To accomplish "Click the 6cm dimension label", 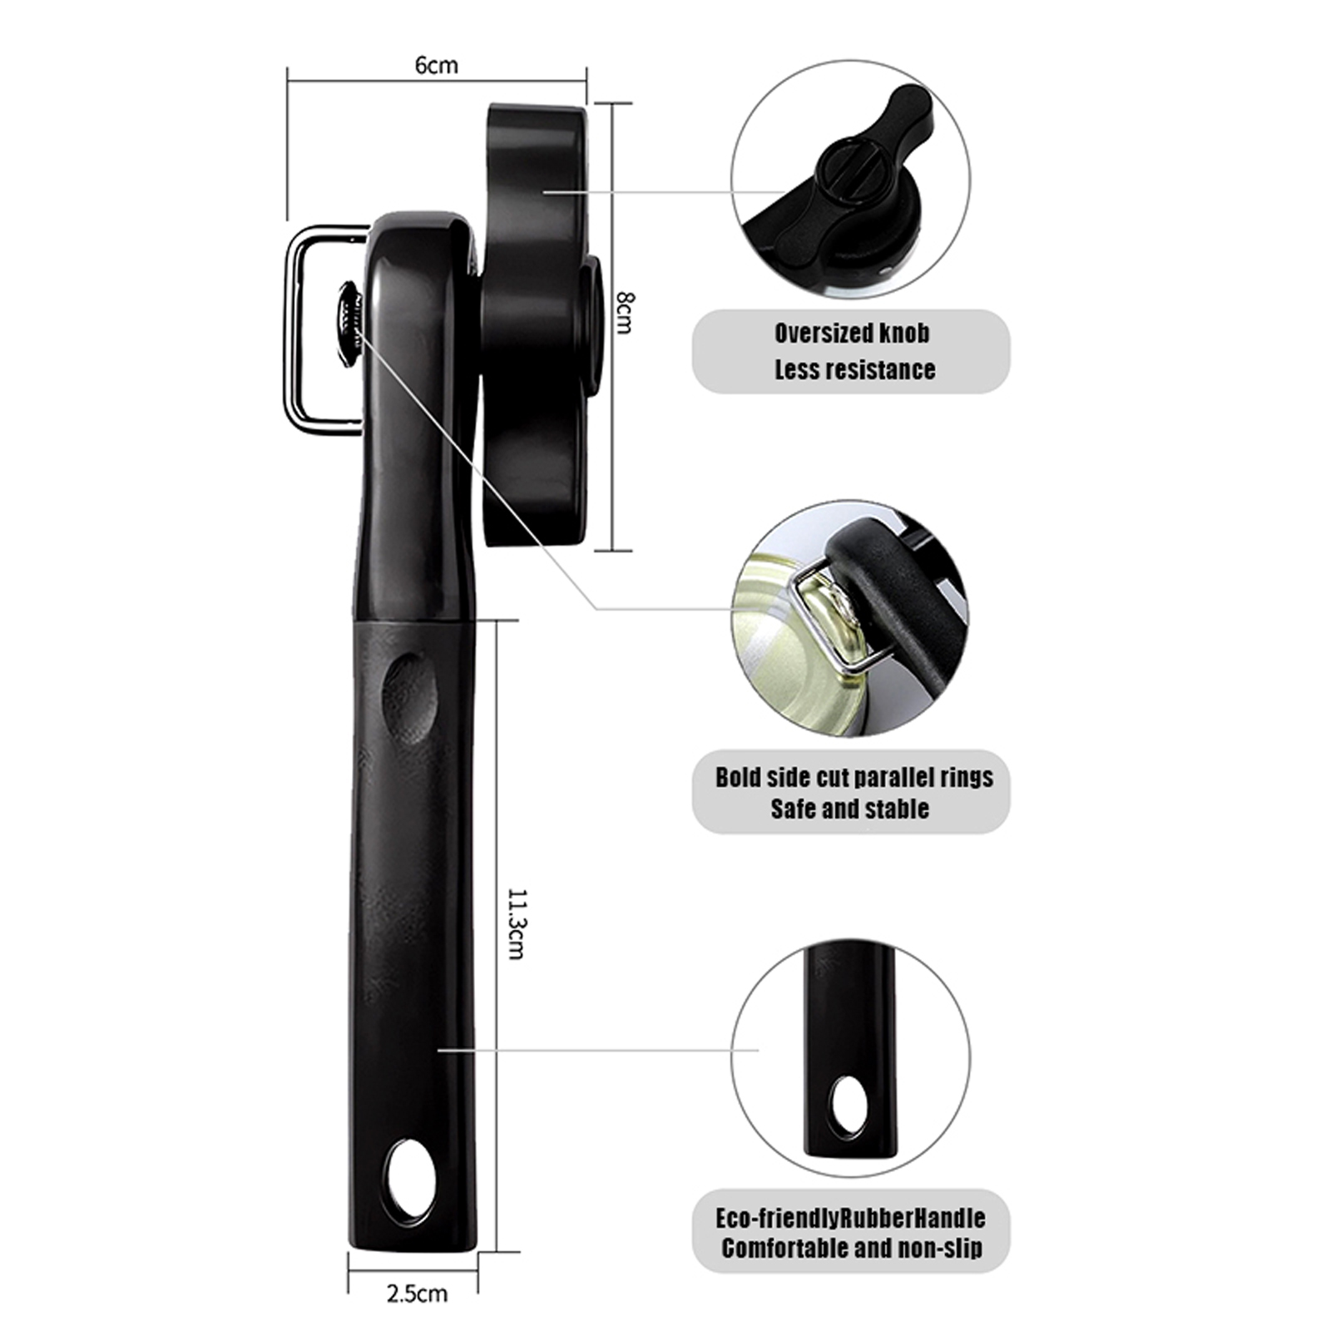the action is (437, 64).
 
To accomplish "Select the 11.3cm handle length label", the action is (516, 924).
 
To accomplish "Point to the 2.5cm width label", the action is (417, 1293).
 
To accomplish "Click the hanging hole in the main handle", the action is (412, 1182).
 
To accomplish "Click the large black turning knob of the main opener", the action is (541, 324).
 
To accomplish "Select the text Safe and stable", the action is (849, 809).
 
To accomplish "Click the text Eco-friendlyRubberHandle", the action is (850, 1219).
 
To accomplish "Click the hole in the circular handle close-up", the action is (850, 1106).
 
